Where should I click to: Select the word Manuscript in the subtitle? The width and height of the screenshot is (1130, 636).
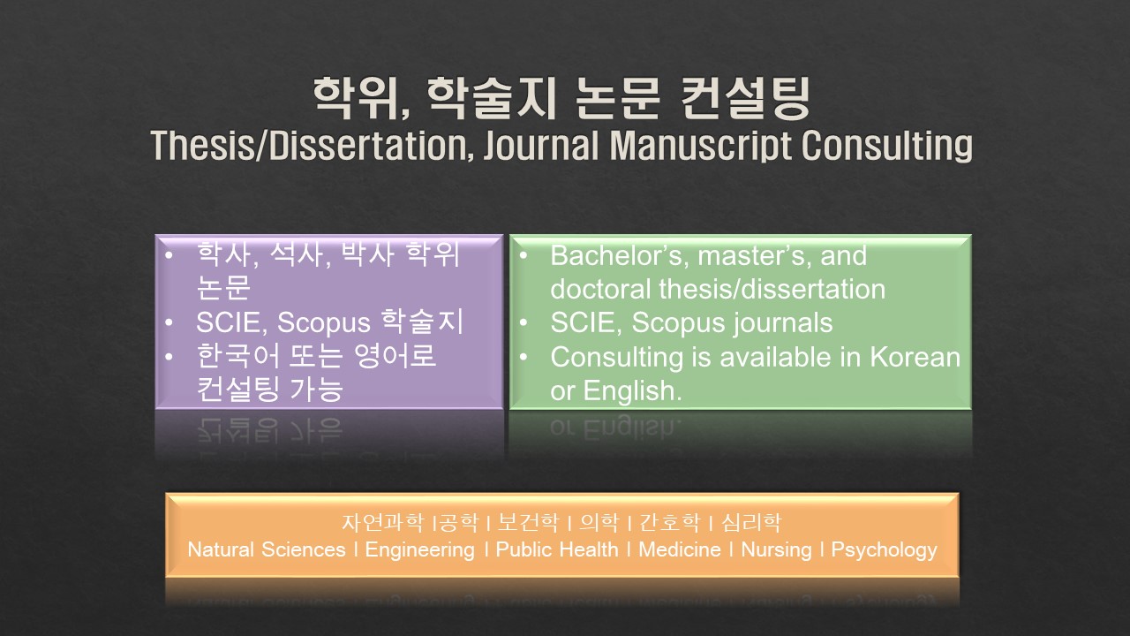click(700, 147)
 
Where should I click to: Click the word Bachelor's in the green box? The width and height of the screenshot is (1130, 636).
click(620, 255)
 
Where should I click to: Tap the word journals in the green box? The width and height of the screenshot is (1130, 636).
click(782, 323)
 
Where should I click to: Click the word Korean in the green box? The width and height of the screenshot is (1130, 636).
click(915, 357)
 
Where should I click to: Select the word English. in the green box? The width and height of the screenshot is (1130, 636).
click(633, 391)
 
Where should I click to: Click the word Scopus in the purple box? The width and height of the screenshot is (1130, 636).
click(324, 322)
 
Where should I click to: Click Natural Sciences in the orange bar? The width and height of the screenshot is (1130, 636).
click(267, 549)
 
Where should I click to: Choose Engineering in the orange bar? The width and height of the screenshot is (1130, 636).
click(419, 550)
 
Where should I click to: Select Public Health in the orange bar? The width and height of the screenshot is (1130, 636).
click(557, 549)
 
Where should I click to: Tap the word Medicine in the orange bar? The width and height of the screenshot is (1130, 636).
click(680, 549)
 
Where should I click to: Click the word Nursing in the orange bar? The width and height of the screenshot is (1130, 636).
click(776, 550)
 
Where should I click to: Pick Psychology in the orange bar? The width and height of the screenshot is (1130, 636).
click(884, 550)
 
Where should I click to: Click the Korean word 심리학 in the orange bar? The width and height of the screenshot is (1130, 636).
click(751, 522)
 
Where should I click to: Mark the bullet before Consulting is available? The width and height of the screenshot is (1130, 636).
click(524, 357)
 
